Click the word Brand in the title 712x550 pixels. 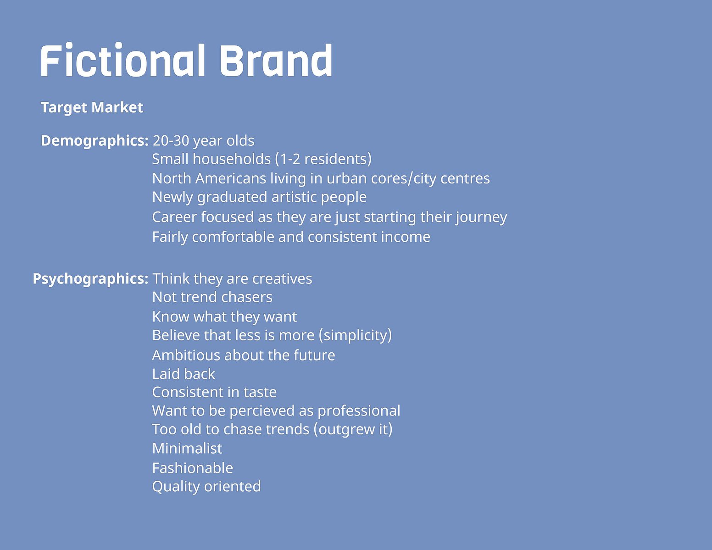tap(276, 61)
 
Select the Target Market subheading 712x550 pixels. tap(92, 108)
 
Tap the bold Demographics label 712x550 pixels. tap(95, 141)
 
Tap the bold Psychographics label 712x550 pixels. tap(91, 279)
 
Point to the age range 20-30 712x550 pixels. tap(171, 141)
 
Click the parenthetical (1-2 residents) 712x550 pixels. tap(323, 159)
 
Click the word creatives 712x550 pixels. tap(282, 279)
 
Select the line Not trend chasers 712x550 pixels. tap(212, 297)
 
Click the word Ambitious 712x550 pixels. tap(186, 356)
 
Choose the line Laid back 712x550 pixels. tap(184, 374)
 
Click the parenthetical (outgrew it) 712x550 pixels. tap(353, 430)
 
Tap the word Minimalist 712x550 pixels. tap(187, 449)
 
